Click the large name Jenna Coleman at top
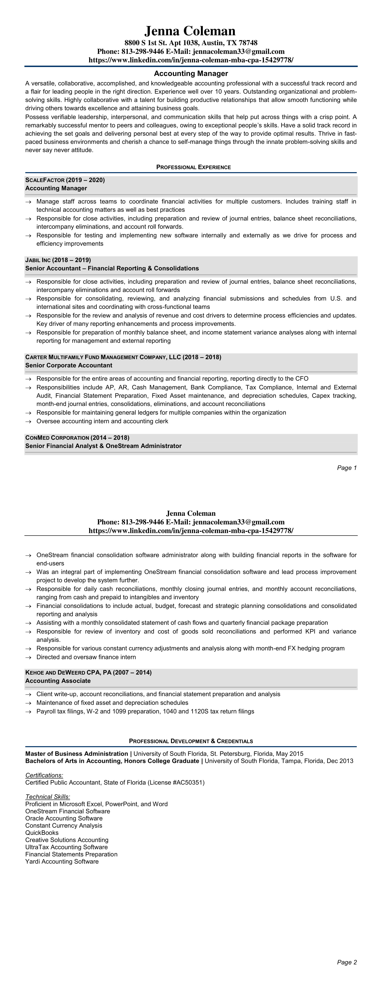point(190,31)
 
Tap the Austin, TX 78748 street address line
point(191,43)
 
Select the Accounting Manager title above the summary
point(191,73)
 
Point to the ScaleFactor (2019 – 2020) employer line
point(65,180)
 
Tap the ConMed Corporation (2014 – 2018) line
point(77,438)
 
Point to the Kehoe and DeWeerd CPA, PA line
point(88,673)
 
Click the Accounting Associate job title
point(58,681)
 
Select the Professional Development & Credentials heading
point(191,741)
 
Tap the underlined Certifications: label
point(44,775)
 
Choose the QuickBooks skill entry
point(42,833)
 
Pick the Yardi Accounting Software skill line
point(62,862)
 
